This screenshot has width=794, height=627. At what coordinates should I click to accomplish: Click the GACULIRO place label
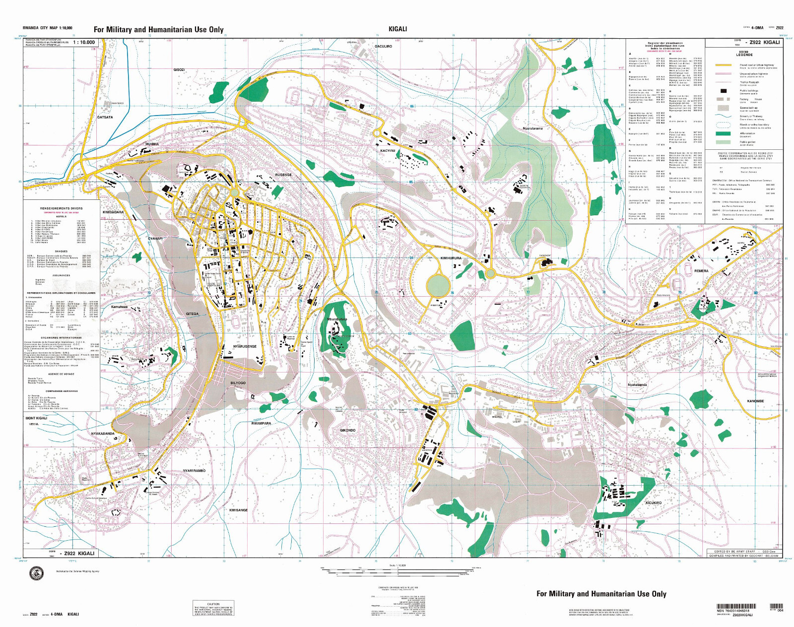(383, 46)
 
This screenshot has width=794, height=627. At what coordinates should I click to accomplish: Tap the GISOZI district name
(179, 70)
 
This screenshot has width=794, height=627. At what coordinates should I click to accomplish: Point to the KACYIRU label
(388, 150)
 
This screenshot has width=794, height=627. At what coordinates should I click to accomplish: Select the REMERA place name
(701, 271)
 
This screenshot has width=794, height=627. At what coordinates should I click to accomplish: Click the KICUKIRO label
(653, 502)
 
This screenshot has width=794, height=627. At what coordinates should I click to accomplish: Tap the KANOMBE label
(755, 401)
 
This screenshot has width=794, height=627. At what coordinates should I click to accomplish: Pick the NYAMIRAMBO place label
(194, 470)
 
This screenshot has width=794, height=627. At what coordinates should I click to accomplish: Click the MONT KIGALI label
(36, 418)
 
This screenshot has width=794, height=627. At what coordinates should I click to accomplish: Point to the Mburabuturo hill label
(337, 319)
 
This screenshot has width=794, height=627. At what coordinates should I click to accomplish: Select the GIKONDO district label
(347, 430)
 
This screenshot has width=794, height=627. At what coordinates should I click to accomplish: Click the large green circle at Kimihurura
(438, 286)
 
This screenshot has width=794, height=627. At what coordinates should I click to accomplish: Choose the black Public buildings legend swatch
(724, 91)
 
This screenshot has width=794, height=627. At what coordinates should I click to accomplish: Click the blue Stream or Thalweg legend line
(724, 117)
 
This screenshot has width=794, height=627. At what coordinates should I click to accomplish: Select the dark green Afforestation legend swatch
(724, 133)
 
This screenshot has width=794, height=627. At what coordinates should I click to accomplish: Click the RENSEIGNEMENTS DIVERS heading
(62, 208)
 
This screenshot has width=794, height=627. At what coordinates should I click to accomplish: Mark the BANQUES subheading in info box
(62, 251)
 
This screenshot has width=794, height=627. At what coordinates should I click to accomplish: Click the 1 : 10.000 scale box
(84, 42)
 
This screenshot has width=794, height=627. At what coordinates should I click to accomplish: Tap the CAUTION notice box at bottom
(213, 609)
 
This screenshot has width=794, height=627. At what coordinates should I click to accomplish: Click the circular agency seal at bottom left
(37, 573)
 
